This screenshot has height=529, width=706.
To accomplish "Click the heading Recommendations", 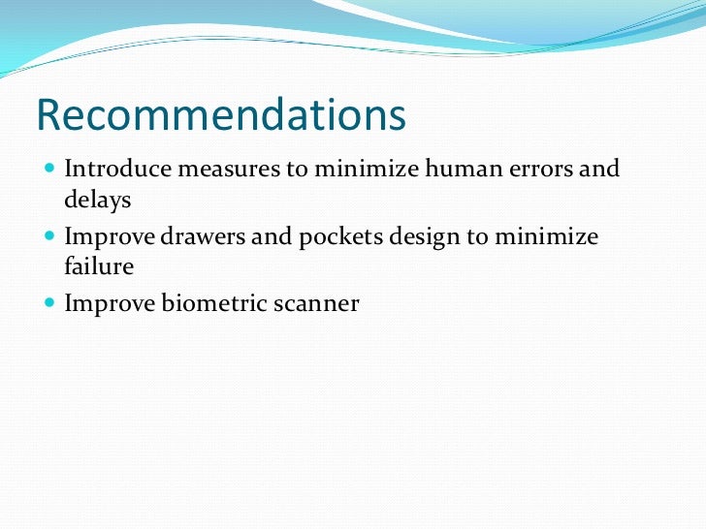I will click(220, 115).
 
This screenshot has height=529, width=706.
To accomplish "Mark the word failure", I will click(99, 266).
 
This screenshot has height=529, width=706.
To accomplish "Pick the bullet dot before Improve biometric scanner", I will click(50, 304).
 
